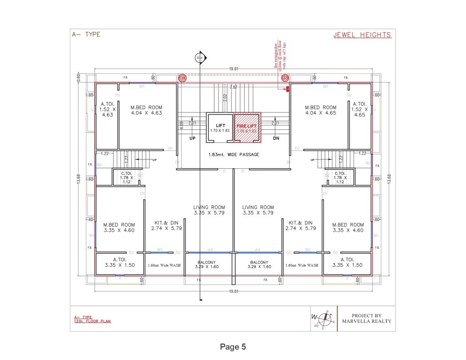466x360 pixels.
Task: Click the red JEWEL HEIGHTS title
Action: (362, 35)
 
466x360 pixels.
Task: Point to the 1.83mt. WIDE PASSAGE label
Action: (233, 155)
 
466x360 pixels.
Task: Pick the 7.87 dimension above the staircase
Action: (233, 87)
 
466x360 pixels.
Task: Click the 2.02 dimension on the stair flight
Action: (225, 98)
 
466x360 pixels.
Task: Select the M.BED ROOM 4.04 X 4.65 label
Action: (320, 110)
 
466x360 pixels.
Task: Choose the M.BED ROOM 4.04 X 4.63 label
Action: (146, 110)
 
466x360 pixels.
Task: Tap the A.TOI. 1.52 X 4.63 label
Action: (107, 109)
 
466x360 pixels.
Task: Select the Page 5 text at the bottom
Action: (233, 347)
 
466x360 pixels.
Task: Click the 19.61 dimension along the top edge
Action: (233, 69)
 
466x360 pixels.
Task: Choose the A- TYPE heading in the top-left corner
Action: (85, 34)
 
